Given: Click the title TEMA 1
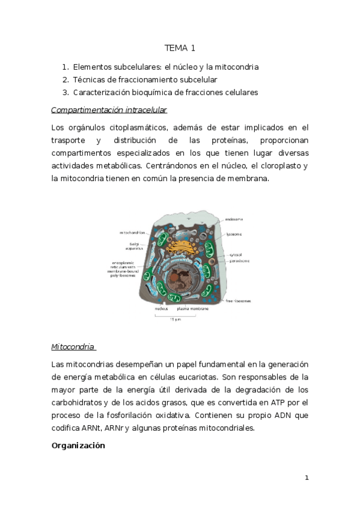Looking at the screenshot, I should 180,48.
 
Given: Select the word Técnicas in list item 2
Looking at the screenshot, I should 88,80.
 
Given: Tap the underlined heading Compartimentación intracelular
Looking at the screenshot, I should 109,110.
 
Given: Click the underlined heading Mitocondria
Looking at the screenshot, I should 73,347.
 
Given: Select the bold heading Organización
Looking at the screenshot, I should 78,446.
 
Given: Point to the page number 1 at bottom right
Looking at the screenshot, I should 307,478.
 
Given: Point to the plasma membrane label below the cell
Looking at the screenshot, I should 193,309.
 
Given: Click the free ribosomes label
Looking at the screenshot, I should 239,300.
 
